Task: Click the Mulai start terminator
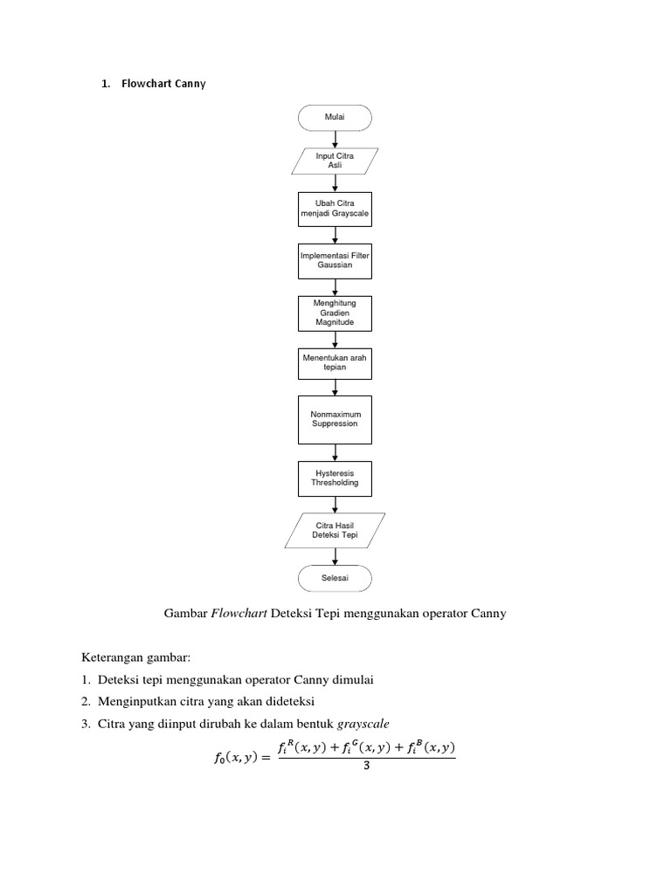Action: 335,117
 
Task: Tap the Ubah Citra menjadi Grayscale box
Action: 335,209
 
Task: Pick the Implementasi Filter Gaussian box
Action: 335,259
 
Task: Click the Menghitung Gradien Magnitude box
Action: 335,313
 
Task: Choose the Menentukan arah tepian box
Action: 335,362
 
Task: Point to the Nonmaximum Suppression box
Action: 335,419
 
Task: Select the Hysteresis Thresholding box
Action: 335,478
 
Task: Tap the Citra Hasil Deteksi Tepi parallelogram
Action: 335,530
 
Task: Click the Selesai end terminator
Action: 335,578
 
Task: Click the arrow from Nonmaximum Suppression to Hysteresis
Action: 335,452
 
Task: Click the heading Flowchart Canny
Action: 163,84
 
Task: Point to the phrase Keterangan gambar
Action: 135,657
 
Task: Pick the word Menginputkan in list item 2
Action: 138,701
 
